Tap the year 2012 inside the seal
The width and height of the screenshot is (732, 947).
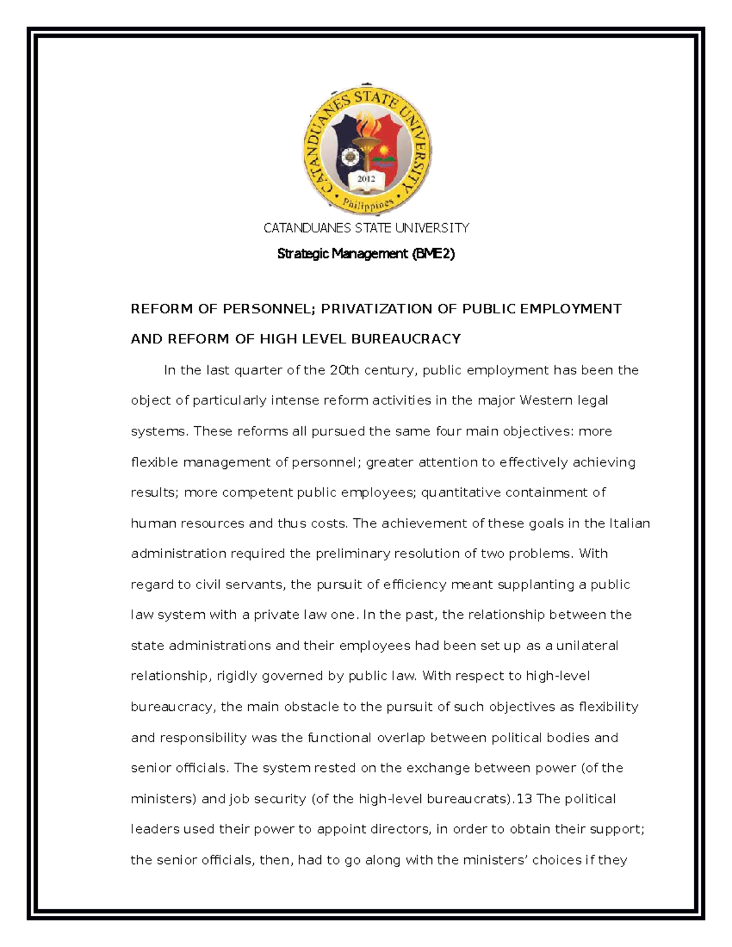click(366, 179)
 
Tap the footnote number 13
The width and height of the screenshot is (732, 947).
click(524, 799)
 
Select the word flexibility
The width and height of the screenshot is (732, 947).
click(608, 707)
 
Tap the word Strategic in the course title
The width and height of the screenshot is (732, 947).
click(303, 254)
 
